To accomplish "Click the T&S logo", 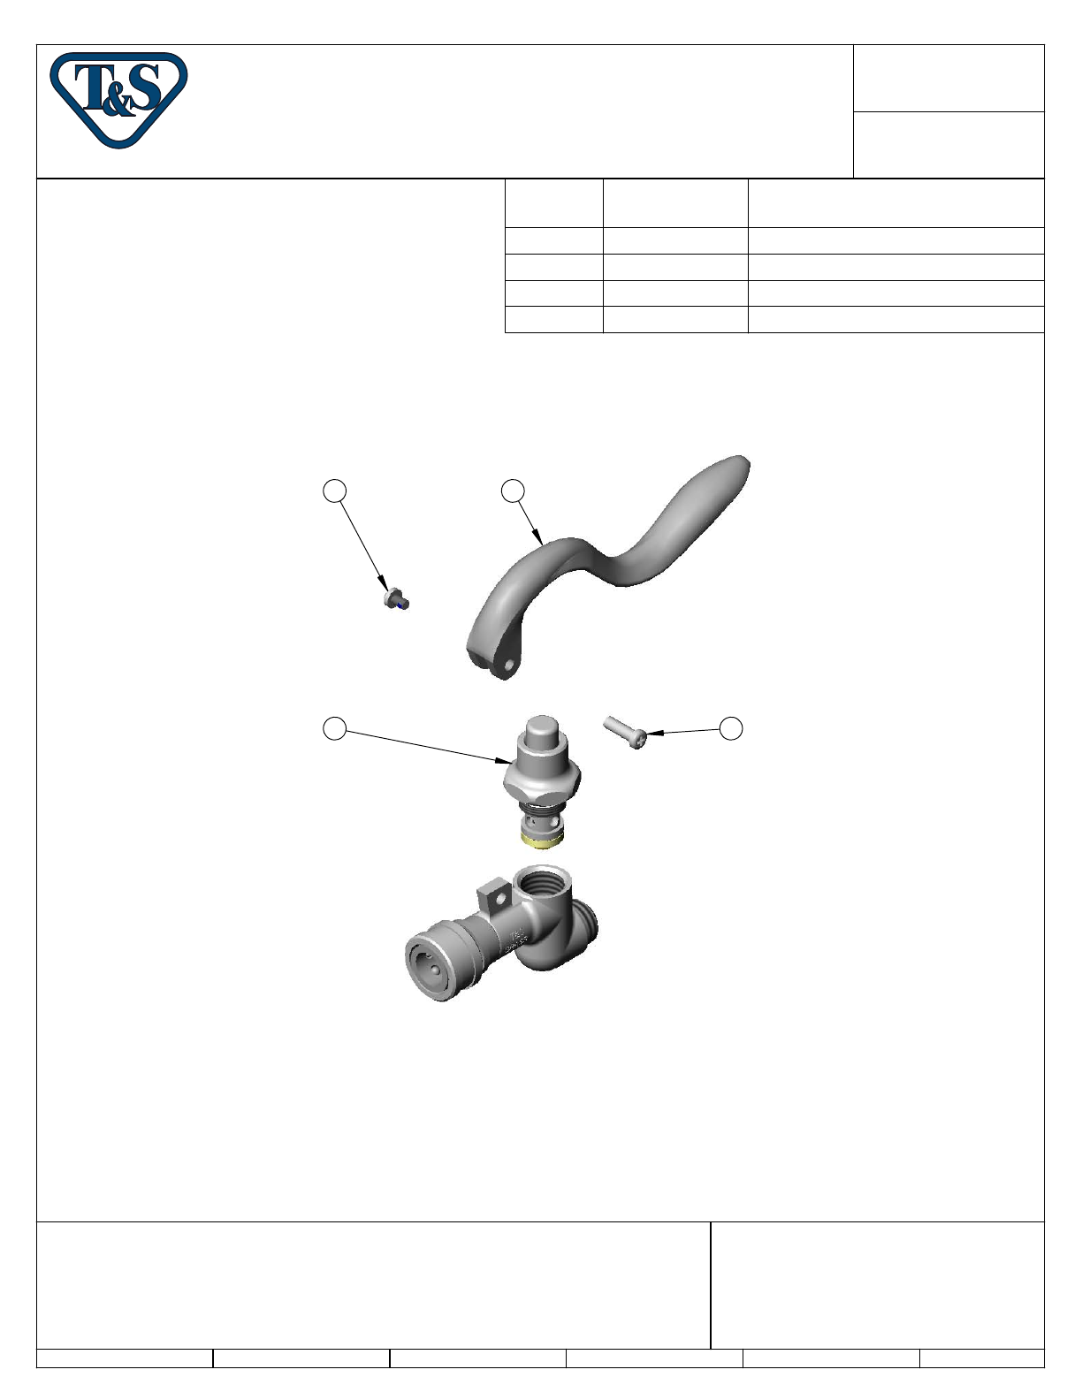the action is pos(118,100).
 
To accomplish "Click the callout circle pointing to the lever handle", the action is pos(513,491).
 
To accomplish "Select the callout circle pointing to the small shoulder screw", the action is pos(334,491).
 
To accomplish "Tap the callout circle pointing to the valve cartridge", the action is pos(334,728).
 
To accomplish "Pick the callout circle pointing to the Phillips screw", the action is pos(731,728).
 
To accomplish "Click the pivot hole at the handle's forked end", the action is pos(511,664).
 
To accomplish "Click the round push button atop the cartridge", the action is pos(542,730).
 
